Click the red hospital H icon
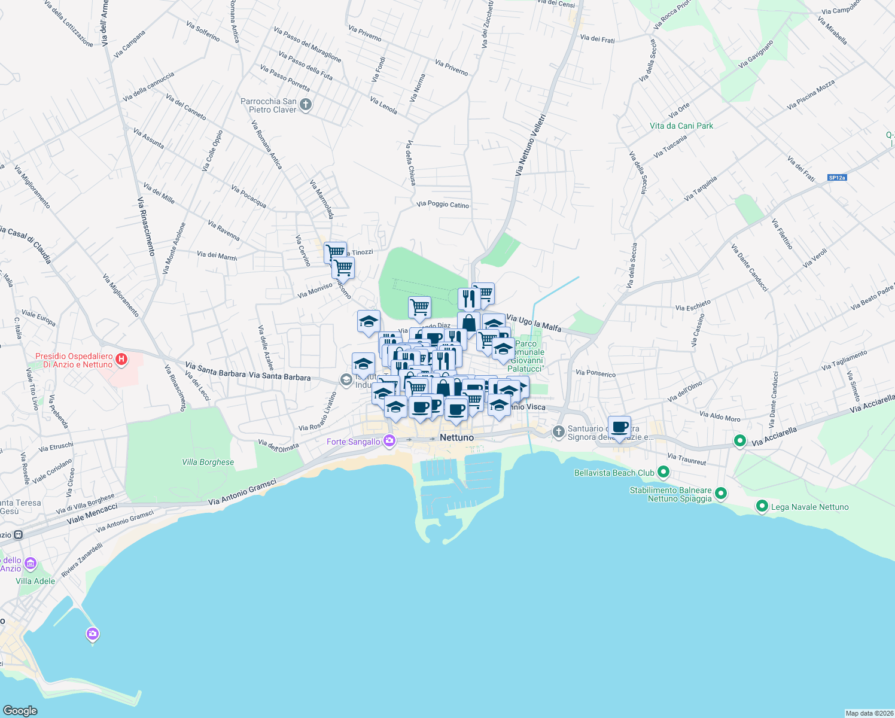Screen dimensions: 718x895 pos(121,359)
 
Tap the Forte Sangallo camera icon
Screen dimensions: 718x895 pos(389,441)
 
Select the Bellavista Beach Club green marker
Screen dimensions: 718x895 pos(663,472)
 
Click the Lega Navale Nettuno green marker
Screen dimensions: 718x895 pos(762,506)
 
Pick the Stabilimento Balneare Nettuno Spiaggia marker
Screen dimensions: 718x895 pos(721,494)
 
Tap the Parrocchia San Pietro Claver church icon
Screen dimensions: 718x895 pos(306,105)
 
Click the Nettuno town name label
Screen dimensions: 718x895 pos(456,437)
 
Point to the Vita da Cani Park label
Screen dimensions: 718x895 pos(681,126)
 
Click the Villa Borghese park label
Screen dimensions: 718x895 pos(208,462)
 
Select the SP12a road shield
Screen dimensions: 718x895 pos(837,178)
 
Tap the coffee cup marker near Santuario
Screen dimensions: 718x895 pos(620,427)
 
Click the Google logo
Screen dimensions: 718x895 pos(20,710)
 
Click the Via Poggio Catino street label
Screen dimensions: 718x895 pos(443,205)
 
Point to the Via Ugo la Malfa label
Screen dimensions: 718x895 pos(534,323)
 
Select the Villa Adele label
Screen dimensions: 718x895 pos(35,581)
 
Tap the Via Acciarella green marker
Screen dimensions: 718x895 pos(740,441)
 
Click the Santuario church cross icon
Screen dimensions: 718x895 pos(558,431)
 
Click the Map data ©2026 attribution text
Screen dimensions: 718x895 pos(869,713)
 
